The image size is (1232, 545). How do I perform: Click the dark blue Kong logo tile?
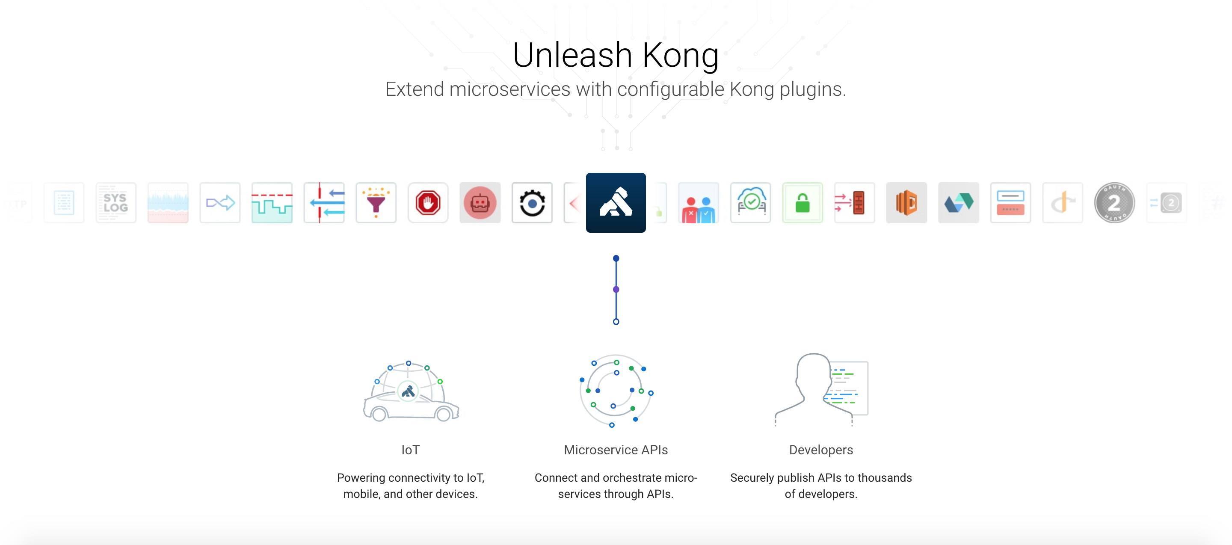click(616, 203)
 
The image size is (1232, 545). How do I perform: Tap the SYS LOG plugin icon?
click(116, 203)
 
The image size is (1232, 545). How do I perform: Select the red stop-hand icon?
click(428, 203)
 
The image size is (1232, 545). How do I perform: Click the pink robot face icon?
click(480, 203)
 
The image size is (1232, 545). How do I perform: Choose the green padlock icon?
click(803, 203)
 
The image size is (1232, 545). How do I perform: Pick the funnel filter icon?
click(376, 203)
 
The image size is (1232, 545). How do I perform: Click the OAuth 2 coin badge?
click(1114, 203)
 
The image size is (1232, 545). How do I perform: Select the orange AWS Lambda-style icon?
click(906, 203)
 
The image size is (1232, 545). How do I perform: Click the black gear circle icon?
click(532, 203)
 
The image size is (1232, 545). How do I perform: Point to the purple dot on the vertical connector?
click(616, 289)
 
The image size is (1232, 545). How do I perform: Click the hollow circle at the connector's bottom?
click(616, 322)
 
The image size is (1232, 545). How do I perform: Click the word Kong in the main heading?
click(680, 55)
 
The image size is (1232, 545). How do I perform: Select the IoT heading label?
click(410, 450)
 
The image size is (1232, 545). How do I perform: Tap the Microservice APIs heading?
click(616, 450)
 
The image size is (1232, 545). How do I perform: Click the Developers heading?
click(821, 450)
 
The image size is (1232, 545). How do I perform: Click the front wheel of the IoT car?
click(379, 414)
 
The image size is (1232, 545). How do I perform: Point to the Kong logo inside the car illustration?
click(408, 391)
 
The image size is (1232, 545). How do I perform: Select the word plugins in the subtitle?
click(813, 89)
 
